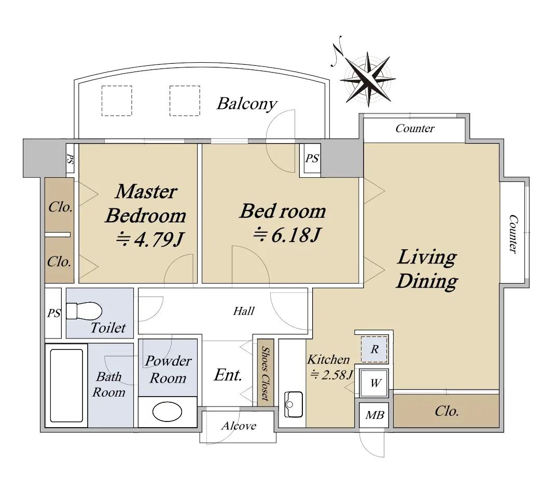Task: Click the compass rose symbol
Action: [368, 80]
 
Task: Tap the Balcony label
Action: [247, 104]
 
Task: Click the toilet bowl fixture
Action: [84, 311]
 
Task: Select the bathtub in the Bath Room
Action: [67, 386]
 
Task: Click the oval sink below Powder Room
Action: [167, 412]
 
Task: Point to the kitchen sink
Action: [294, 404]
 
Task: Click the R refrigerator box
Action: [374, 349]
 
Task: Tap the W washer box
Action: [374, 383]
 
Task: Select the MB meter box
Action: [374, 415]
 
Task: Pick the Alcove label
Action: [239, 426]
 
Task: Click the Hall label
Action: [244, 311]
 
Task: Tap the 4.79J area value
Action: [150, 239]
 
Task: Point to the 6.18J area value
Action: [287, 235]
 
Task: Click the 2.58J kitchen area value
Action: [331, 375]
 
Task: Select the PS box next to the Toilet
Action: [53, 313]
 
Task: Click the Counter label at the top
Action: [415, 128]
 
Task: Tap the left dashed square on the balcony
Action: [117, 101]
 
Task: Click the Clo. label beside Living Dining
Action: [447, 411]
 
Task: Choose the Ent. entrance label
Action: [228, 375]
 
